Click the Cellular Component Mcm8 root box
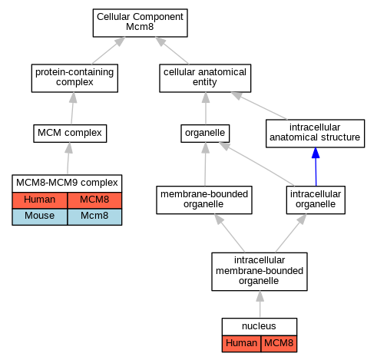[x=140, y=23]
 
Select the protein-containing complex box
[x=74, y=78]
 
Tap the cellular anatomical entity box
[x=205, y=78]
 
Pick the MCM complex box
[x=70, y=134]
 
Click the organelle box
[x=205, y=134]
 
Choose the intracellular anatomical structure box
[x=315, y=134]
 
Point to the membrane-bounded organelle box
[x=204, y=200]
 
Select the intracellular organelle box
[x=316, y=200]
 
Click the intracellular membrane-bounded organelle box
[x=260, y=272]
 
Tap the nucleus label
[x=259, y=326]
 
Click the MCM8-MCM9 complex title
[x=67, y=183]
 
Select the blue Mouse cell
[x=40, y=216]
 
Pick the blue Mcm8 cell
[x=94, y=216]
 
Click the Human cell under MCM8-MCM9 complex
[x=40, y=200]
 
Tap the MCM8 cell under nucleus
[x=279, y=344]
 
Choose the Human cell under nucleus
[x=241, y=344]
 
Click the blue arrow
[x=316, y=167]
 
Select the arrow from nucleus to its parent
[x=260, y=304]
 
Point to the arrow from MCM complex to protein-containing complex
[x=72, y=108]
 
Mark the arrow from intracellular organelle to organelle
[x=256, y=164]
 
